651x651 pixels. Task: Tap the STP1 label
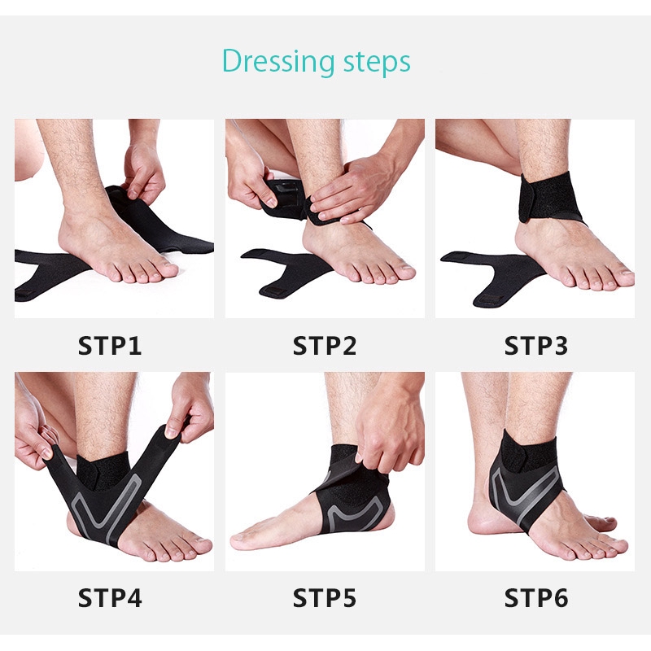[110, 345]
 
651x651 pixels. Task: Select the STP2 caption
[325, 345]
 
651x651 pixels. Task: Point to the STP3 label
[536, 345]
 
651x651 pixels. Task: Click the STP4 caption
[110, 598]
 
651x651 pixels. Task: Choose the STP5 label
[325, 598]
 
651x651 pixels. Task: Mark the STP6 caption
[536, 598]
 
